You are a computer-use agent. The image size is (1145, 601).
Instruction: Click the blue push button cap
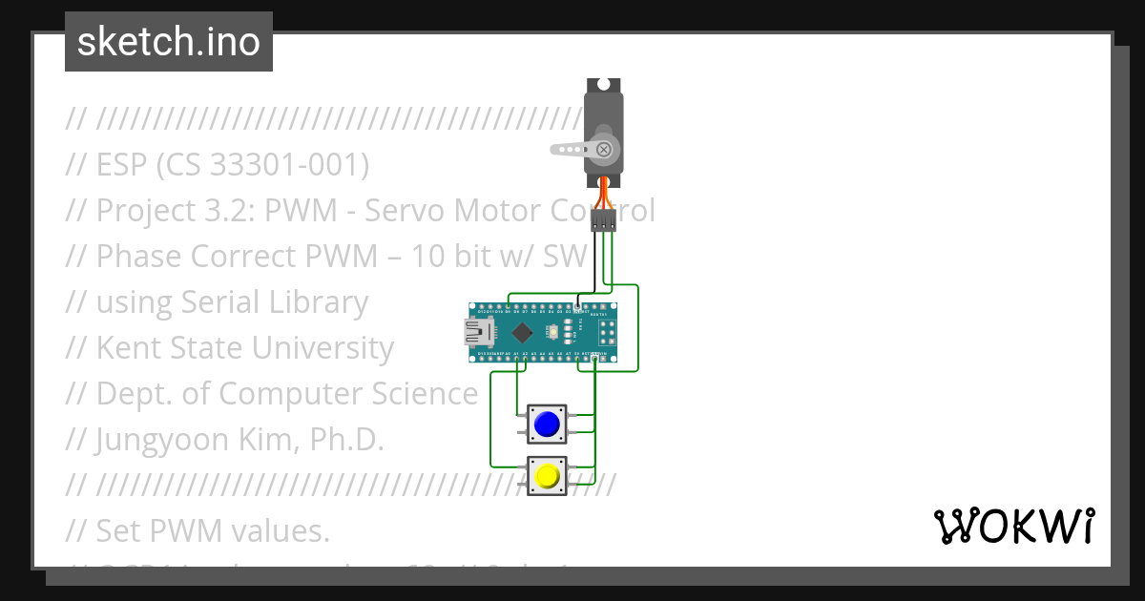(x=547, y=425)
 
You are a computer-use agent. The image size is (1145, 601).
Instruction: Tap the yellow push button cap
(x=547, y=476)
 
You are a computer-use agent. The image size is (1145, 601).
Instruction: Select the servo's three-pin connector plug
(x=603, y=220)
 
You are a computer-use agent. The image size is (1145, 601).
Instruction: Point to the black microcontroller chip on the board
(x=522, y=332)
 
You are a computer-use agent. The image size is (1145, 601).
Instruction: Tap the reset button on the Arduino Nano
(x=552, y=332)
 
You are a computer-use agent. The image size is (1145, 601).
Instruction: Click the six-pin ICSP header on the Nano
(x=606, y=333)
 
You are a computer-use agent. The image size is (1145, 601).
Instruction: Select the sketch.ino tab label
(x=169, y=42)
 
